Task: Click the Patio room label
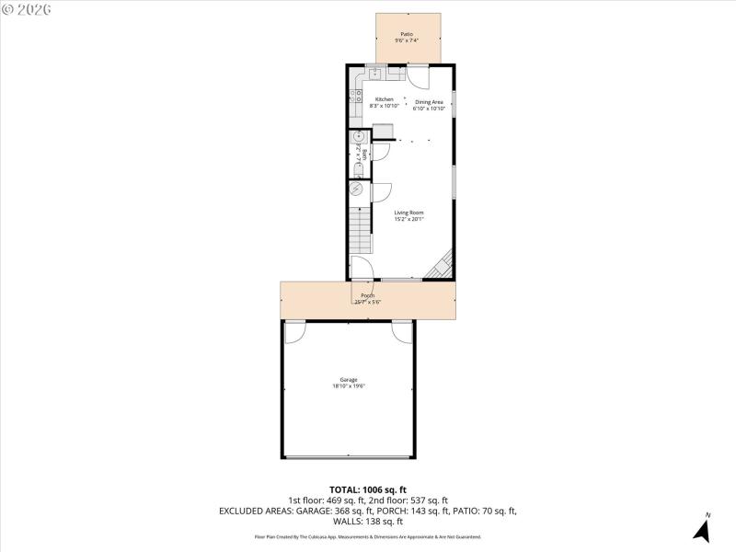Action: (407, 34)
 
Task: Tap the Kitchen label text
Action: (384, 99)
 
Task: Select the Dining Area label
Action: (429, 102)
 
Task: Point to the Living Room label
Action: (408, 213)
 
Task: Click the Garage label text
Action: (349, 380)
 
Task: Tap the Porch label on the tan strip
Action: (367, 294)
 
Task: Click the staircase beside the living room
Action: (360, 230)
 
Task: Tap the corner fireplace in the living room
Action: (443, 265)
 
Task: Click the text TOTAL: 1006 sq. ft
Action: (367, 489)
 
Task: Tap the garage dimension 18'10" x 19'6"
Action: (349, 386)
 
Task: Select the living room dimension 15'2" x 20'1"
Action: (408, 219)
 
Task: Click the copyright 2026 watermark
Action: (27, 8)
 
